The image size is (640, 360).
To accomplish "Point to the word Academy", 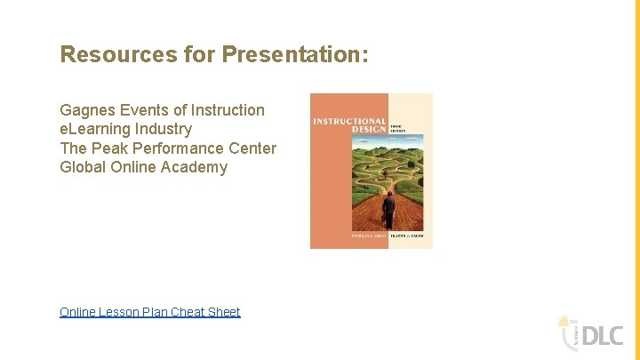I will pyautogui.click(x=194, y=167).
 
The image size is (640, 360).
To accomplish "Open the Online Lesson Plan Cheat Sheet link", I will pyautogui.click(x=149, y=312).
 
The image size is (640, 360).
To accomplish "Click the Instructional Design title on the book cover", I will pyautogui.click(x=349, y=125).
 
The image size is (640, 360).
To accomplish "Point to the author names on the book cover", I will pyautogui.click(x=372, y=236).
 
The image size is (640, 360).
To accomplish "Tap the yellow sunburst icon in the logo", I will pyautogui.click(x=563, y=321).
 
